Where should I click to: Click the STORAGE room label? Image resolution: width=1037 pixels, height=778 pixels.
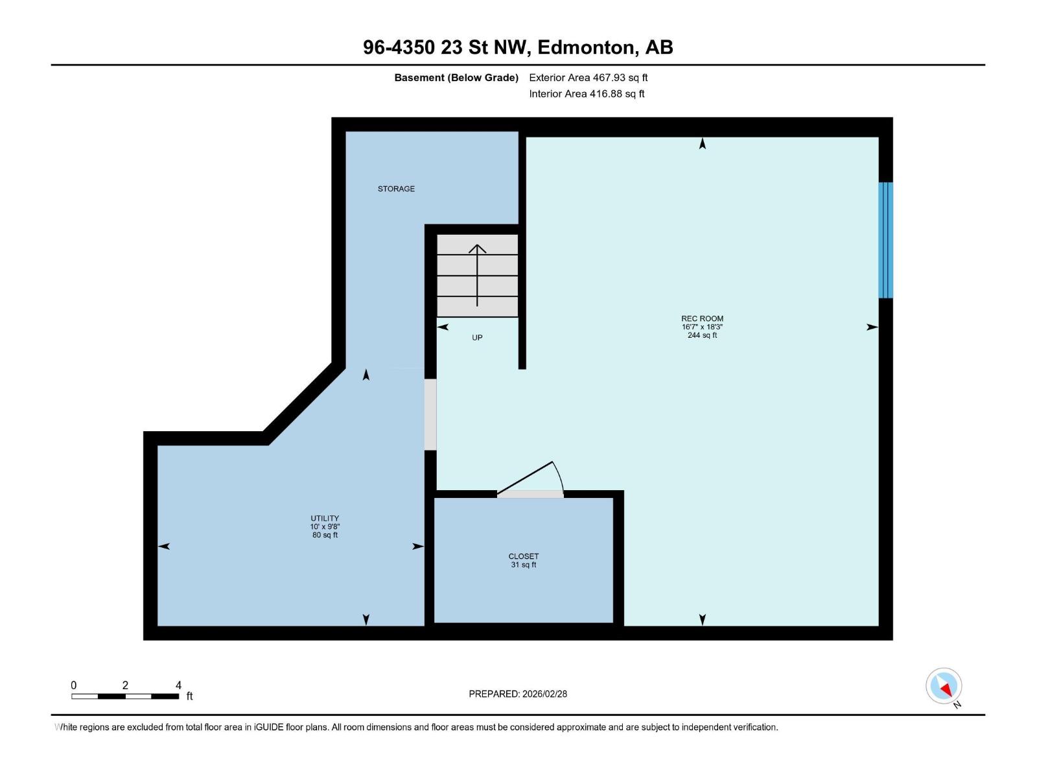(396, 189)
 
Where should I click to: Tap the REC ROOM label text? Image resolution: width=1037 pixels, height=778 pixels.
(702, 318)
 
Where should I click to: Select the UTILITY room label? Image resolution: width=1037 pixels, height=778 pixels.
(325, 518)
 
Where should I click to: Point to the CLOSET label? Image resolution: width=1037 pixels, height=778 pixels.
(524, 556)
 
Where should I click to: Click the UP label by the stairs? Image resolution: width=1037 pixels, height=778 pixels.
(477, 338)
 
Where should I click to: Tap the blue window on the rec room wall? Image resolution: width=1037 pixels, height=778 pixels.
(885, 240)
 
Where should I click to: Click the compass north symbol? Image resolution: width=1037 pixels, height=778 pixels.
(944, 686)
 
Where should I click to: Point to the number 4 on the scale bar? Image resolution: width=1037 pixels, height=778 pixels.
(178, 685)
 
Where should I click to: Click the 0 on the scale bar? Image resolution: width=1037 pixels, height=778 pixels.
(74, 685)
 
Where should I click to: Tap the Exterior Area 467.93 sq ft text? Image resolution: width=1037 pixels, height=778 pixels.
(588, 78)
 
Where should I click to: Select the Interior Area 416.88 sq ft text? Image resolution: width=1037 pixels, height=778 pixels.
(587, 94)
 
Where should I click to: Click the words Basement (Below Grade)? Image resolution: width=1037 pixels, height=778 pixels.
(456, 78)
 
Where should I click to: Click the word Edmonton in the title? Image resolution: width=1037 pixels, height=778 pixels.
(585, 47)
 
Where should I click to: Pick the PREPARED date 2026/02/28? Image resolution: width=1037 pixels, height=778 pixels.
(544, 694)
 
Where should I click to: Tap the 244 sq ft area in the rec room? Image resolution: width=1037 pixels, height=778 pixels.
(702, 335)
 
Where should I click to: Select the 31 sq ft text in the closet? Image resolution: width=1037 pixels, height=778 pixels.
(524, 565)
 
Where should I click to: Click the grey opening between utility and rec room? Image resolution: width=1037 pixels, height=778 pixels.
(430, 415)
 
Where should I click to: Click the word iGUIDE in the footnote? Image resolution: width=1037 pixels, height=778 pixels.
(267, 727)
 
